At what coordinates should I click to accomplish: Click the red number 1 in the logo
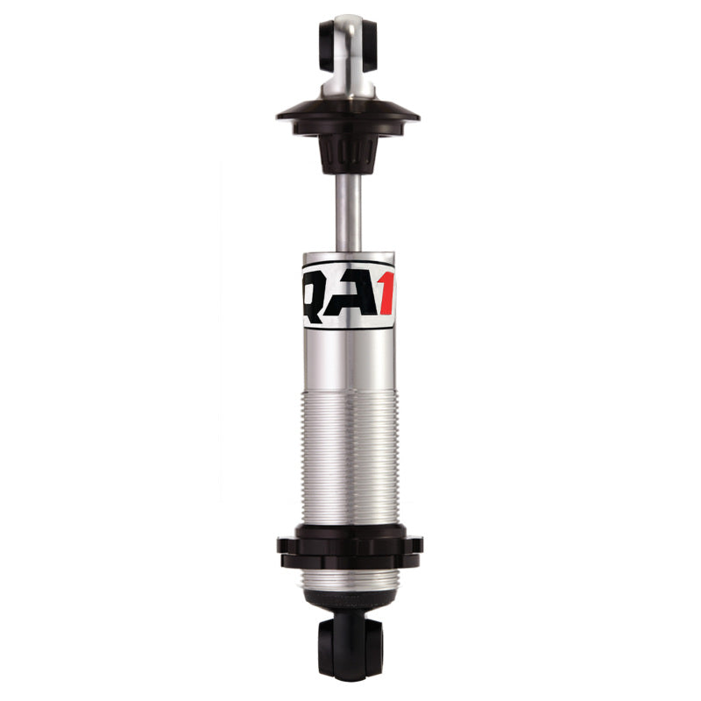[x=386, y=294]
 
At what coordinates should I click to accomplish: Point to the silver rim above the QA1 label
[x=349, y=257]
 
